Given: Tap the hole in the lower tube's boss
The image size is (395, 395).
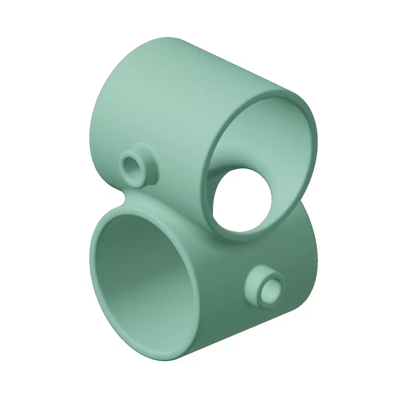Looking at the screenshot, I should click(x=272, y=290).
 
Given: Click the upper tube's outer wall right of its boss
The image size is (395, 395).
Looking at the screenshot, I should click(x=181, y=154).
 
